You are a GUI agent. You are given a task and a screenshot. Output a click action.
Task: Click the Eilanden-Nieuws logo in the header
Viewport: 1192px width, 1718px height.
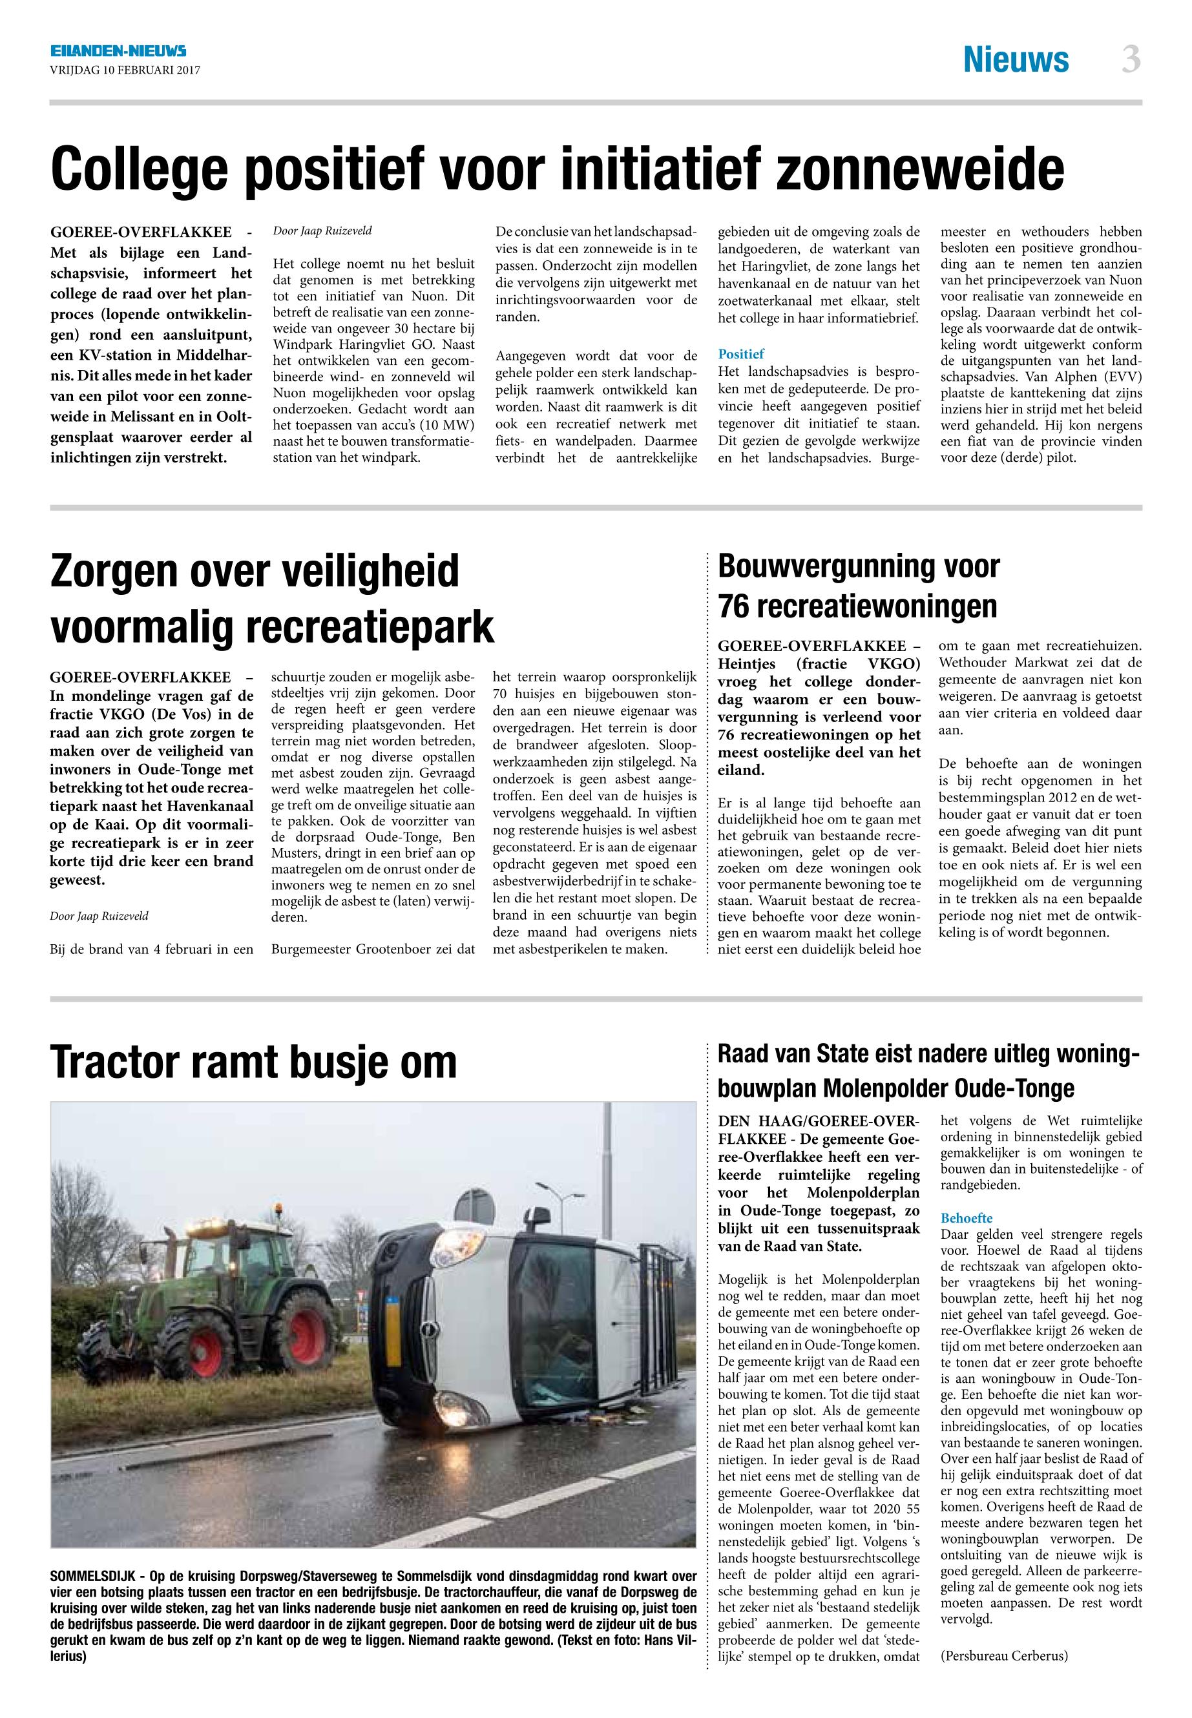click(x=118, y=52)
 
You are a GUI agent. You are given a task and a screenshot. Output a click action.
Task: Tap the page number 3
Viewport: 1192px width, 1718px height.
click(x=1131, y=59)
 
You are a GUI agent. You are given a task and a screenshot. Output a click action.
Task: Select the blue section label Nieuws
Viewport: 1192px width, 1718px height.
click(x=1015, y=59)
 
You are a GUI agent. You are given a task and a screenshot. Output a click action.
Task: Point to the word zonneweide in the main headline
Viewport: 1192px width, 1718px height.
click(x=920, y=169)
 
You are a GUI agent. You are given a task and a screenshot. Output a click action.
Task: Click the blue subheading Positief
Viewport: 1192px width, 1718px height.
click(x=741, y=354)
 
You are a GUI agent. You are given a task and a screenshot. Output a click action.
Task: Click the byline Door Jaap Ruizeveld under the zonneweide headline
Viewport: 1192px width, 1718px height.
click(x=322, y=231)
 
